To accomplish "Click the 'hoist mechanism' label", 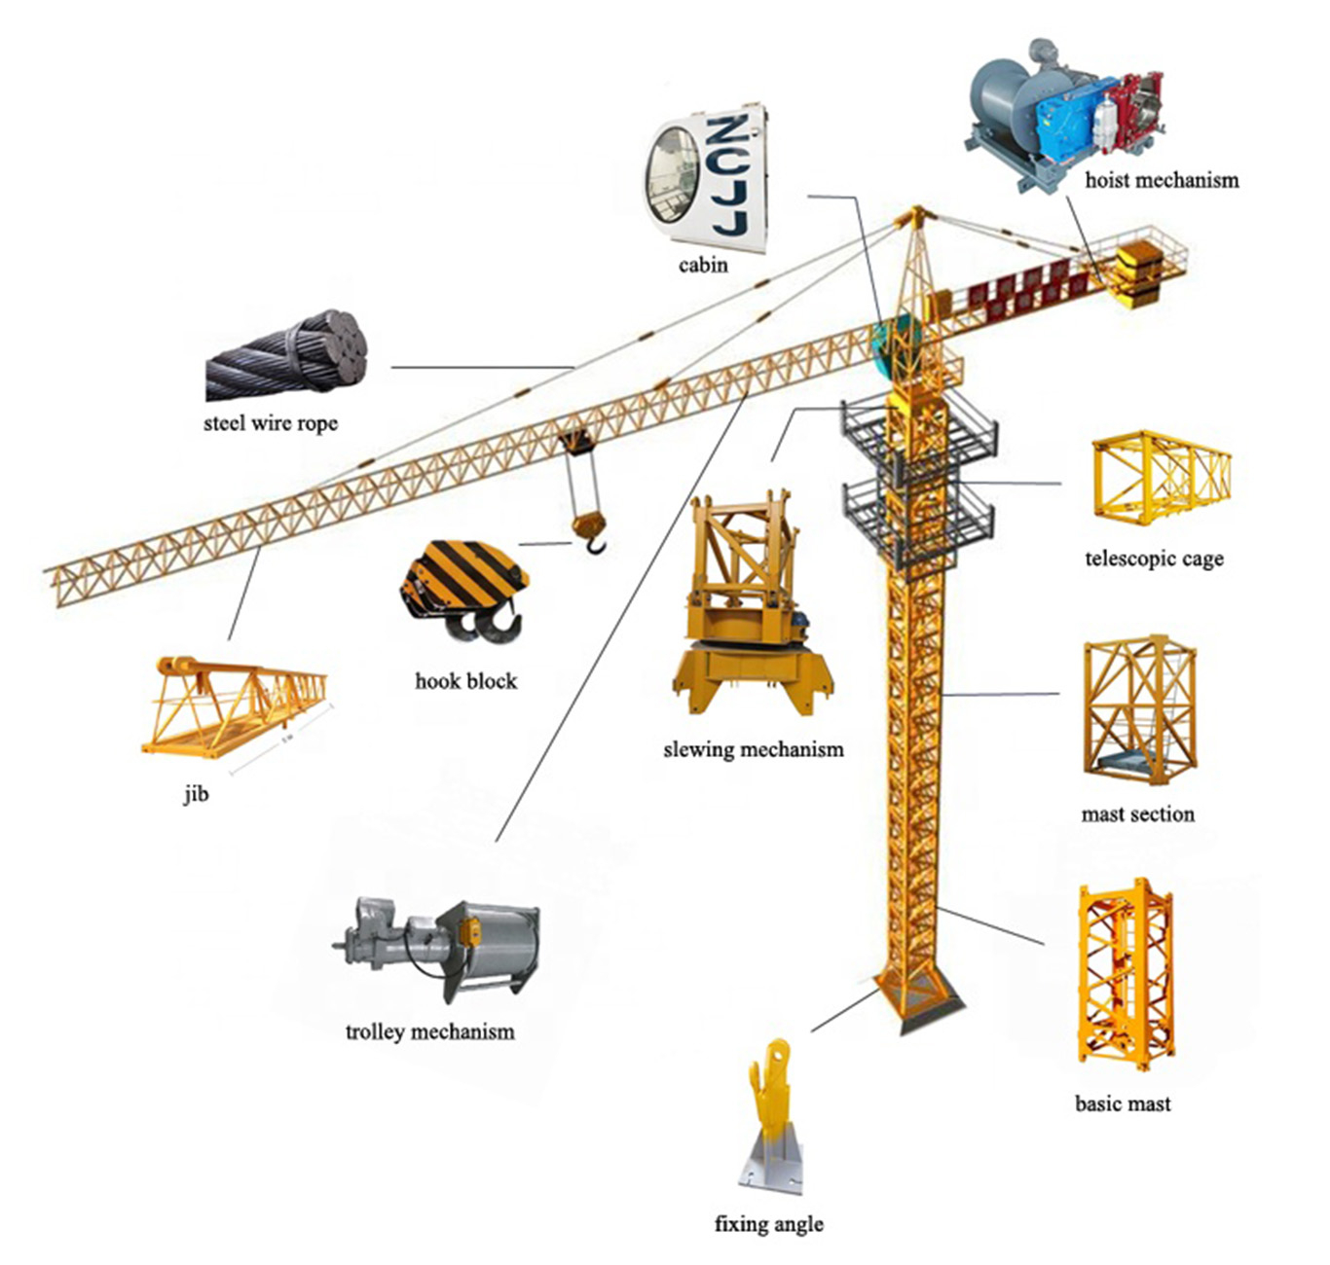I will click(1162, 180).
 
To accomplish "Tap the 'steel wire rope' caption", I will click(271, 423).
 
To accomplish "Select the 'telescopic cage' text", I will click(1154, 559).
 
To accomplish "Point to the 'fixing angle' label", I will click(768, 1224).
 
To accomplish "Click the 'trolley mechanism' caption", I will click(429, 1031).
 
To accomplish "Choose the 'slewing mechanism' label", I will click(753, 749).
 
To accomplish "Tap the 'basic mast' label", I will click(1123, 1103).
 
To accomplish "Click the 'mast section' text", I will click(1137, 813).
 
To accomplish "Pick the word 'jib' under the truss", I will click(196, 794).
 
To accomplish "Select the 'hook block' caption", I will click(465, 681).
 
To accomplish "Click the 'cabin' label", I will click(703, 265).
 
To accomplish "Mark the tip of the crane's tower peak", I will click(915, 208).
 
